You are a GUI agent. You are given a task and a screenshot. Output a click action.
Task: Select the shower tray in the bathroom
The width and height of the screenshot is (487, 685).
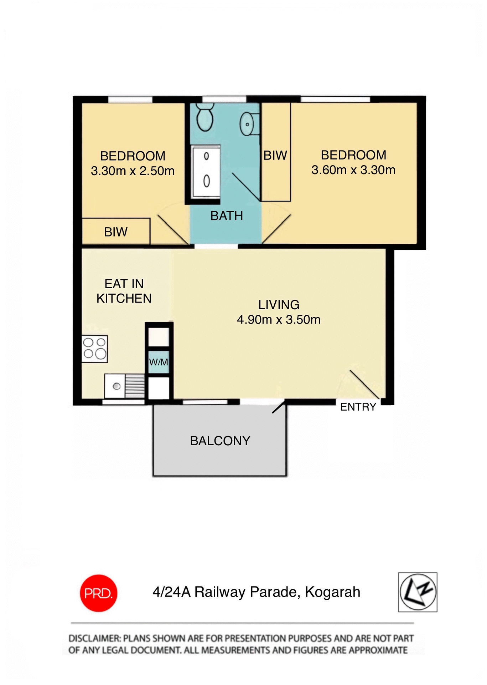tap(206, 172)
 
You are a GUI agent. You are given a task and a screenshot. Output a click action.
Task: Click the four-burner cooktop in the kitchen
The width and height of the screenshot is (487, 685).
tap(94, 349)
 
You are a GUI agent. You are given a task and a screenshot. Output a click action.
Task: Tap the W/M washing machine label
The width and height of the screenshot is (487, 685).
tap(159, 362)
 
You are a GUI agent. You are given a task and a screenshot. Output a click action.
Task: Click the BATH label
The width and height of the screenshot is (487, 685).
tap(227, 216)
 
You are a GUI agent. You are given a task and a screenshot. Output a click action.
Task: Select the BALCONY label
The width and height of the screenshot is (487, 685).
tap(220, 441)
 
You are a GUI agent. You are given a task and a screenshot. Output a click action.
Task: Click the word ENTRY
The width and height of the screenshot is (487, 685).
tap(358, 407)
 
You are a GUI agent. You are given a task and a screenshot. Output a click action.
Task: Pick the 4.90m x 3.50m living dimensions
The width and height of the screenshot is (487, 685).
tap(279, 319)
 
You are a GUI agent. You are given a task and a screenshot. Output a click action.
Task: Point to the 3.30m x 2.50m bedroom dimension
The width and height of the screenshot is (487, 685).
tap(133, 171)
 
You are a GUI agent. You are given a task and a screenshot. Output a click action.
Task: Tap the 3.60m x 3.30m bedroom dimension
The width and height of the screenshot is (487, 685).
tap(353, 170)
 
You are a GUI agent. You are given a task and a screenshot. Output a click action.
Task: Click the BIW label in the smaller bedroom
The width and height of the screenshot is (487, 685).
tap(116, 232)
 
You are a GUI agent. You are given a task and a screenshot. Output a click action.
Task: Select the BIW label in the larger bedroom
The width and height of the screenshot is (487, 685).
tap(275, 155)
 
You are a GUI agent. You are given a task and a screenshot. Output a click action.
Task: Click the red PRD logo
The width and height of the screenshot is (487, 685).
tap(98, 593)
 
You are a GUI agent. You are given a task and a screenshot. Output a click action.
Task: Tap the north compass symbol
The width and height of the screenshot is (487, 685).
tap(418, 592)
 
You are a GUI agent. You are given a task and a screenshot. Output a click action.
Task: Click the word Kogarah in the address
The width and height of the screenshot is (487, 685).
tap(332, 592)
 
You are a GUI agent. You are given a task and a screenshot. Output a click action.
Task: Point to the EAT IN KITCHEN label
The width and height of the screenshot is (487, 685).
tap(124, 291)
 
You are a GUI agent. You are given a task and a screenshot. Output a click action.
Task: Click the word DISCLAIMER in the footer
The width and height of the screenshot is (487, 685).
tap(94, 638)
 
